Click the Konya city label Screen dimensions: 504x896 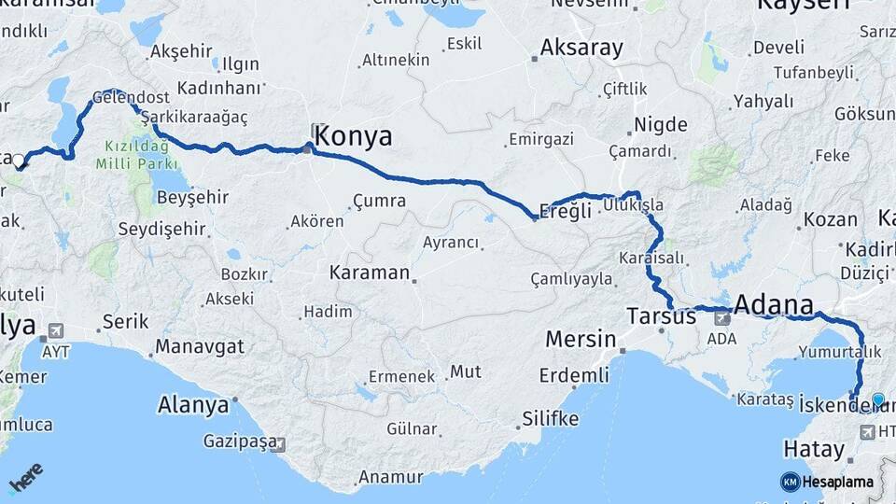(354, 137)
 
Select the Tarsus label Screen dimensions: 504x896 (662, 315)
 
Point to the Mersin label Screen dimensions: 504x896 (581, 338)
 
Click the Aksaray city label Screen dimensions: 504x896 (581, 48)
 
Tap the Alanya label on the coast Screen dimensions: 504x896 (193, 406)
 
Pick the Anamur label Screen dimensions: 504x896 (385, 477)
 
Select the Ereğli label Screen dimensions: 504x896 (567, 211)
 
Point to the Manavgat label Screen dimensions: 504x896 (200, 346)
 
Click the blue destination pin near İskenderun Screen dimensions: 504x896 (877, 400)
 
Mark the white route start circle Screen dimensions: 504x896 (19, 161)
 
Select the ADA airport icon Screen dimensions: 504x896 (721, 317)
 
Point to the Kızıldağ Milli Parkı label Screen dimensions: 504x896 (131, 155)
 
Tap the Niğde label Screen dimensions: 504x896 (661, 125)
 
